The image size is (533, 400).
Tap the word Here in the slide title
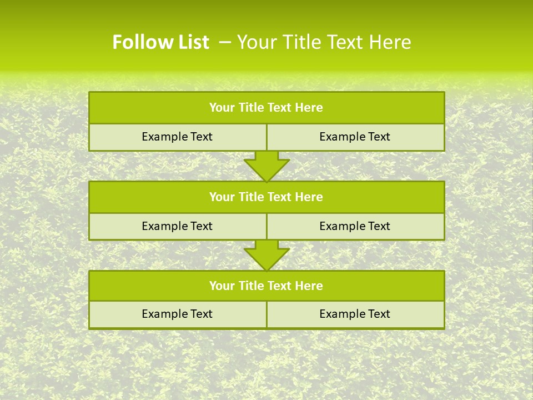391,42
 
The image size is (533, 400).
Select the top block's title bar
266,108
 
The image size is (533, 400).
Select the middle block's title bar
266,197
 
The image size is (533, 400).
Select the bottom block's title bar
266,286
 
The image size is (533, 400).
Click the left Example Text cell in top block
177,137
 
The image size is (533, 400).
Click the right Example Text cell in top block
355,137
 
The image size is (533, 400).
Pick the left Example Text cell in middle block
177,226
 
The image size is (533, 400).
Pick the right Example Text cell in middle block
355,226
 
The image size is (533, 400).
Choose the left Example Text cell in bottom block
177,314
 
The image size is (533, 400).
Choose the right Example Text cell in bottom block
355,314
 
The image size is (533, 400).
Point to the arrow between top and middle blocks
266,166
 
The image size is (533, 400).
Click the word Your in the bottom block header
222,286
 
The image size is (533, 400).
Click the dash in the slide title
225,42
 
